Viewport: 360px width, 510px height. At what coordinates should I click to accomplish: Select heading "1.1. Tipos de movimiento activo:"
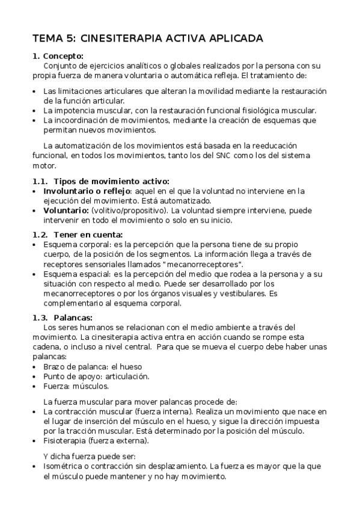[100, 181]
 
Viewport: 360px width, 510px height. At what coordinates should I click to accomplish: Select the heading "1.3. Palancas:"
[62, 318]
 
